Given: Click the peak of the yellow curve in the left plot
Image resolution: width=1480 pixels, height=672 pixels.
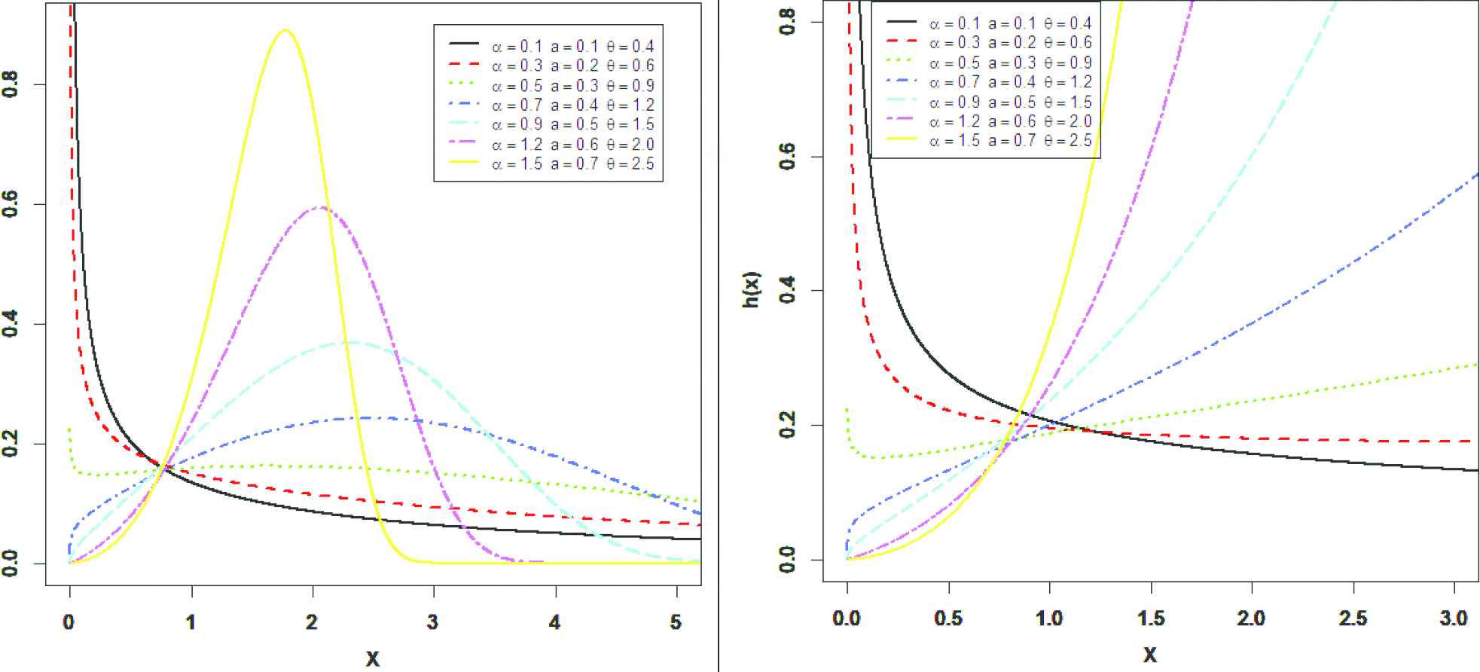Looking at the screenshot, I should tap(285, 31).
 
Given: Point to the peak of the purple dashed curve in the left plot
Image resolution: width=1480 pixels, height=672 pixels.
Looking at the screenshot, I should tap(322, 207).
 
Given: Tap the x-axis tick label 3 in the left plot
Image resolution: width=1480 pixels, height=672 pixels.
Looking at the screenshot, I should tap(432, 622).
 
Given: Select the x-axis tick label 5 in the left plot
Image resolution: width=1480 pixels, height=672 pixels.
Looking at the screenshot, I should tap(676, 622).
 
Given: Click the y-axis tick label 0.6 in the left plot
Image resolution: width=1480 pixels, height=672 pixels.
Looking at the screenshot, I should tap(11, 204).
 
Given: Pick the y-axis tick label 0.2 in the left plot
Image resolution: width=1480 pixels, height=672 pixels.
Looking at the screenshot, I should tap(11, 444).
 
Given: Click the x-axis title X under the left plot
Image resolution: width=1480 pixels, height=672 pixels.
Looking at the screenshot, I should tap(372, 658).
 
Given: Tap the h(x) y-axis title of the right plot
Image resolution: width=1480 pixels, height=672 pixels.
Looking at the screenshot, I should tap(752, 289).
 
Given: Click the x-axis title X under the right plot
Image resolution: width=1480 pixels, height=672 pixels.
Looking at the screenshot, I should tap(1149, 654).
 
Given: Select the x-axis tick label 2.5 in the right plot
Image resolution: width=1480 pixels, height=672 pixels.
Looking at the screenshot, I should tap(1353, 619).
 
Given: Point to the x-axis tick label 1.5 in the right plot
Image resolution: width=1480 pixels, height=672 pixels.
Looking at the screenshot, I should tap(1150, 619).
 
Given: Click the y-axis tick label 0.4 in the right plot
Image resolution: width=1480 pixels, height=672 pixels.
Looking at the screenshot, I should tap(787, 291).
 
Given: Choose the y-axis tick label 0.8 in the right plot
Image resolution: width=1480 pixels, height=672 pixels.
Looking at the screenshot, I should tap(787, 23).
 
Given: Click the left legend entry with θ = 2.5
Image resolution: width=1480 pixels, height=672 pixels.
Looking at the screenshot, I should tap(573, 163).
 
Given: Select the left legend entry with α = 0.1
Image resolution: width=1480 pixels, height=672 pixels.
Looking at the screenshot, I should tap(573, 47).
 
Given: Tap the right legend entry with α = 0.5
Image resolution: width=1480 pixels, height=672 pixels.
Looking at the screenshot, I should tap(1010, 63).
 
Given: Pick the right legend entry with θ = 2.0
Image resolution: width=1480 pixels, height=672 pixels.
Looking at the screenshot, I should tap(1010, 121).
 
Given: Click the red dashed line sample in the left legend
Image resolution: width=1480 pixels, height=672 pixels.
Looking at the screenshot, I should tap(464, 66).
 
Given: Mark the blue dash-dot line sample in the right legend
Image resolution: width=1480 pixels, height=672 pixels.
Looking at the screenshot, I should tap(901, 81).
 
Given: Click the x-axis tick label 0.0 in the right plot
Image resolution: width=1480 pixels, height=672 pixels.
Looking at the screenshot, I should tap(847, 619).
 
